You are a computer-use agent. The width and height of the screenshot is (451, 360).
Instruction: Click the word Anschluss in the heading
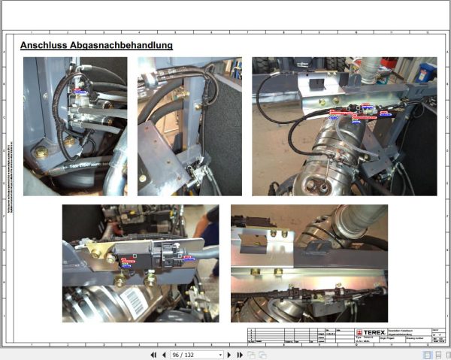coord(44,45)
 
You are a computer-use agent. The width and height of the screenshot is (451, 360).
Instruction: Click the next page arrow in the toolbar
coord(231,354)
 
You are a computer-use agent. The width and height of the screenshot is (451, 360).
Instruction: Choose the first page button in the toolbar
coord(153,354)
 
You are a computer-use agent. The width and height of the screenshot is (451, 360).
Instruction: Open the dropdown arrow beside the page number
coord(220,354)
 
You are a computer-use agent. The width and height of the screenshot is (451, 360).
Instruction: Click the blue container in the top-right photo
coord(426,72)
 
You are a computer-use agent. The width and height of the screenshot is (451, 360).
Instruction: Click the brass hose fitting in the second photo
coord(180,95)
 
